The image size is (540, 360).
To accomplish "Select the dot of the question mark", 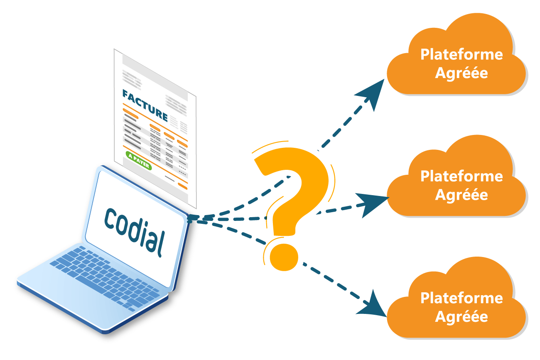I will click(284, 257).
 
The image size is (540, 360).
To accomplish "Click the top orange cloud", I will click(457, 58).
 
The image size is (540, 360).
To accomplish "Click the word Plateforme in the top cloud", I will click(461, 54).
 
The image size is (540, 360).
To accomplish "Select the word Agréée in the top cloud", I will click(461, 73).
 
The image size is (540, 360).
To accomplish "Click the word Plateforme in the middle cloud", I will click(461, 176).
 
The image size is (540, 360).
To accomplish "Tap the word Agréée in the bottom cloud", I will click(461, 316).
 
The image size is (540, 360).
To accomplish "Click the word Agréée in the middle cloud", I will click(461, 195).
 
